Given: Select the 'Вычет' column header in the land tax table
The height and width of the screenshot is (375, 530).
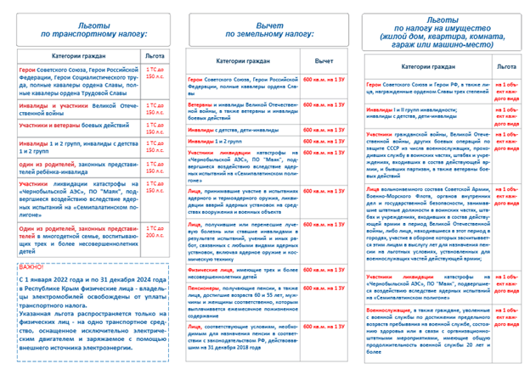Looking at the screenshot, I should coord(324,62).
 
